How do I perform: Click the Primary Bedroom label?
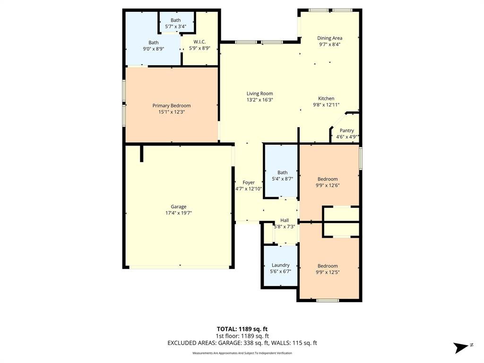[171, 105]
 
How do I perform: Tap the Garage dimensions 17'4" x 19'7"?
[178, 213]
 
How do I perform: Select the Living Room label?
[259, 94]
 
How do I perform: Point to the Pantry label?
[346, 131]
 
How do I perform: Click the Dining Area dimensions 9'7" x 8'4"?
[329, 44]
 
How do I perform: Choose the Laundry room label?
[280, 265]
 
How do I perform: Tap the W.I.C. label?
[199, 42]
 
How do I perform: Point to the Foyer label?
[249, 182]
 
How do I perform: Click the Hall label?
[285, 220]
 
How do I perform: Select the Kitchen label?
[326, 98]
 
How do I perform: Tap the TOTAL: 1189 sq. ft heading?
[242, 329]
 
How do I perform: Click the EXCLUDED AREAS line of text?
[242, 343]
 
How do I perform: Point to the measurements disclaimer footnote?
[242, 353]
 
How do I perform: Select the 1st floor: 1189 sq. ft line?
[242, 336]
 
